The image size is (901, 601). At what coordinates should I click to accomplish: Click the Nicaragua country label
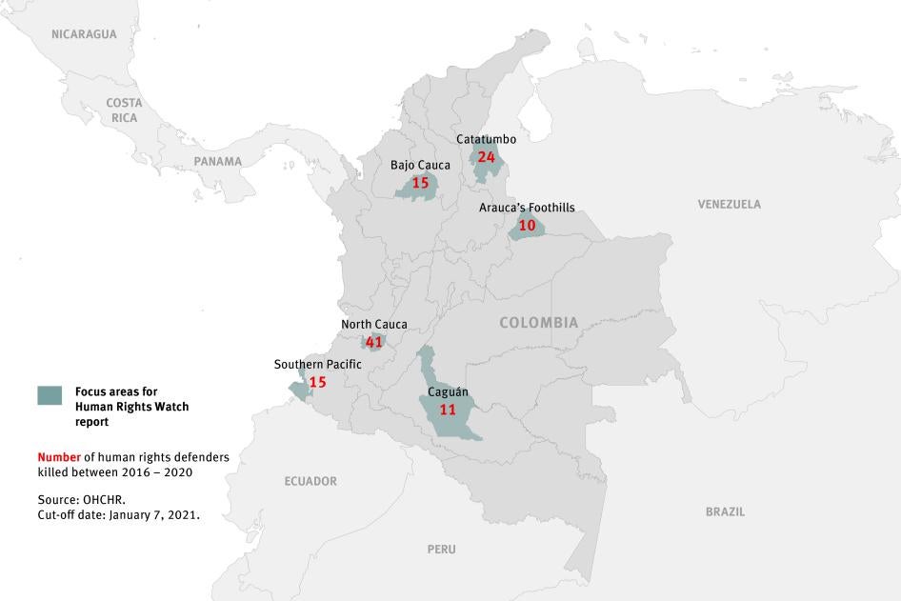(84, 34)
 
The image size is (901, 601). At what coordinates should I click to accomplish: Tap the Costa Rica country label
(124, 110)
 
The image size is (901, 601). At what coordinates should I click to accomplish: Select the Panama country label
(218, 161)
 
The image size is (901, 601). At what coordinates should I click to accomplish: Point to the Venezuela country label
(729, 204)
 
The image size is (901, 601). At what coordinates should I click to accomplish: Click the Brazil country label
(725, 511)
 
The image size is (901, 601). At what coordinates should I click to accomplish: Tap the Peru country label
(441, 549)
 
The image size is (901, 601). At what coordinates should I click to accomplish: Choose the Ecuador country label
(310, 481)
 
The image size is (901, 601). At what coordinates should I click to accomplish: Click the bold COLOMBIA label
(538, 323)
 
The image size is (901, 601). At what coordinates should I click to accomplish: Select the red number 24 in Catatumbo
(487, 157)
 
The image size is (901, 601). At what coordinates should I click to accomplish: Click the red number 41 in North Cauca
(373, 342)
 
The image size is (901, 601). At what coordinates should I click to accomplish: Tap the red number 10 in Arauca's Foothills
(527, 226)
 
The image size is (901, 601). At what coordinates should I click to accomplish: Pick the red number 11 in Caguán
(448, 409)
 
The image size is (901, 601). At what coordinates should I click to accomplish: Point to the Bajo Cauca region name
(420, 165)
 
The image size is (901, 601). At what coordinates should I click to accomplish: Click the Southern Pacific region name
(317, 365)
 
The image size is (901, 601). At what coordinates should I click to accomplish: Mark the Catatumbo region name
(486, 139)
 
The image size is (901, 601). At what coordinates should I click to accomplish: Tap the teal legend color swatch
(50, 394)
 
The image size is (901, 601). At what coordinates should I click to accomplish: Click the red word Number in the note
(59, 457)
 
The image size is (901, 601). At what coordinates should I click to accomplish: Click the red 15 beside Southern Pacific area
(317, 382)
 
